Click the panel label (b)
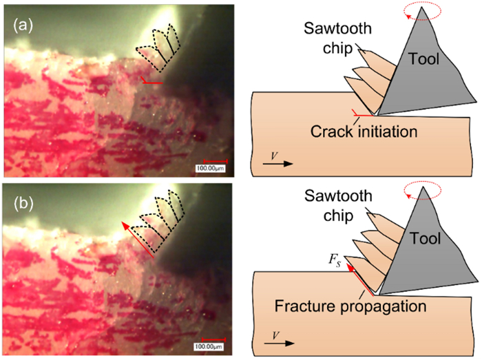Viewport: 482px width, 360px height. (x=23, y=204)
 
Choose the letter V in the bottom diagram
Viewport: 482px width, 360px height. (x=273, y=333)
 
